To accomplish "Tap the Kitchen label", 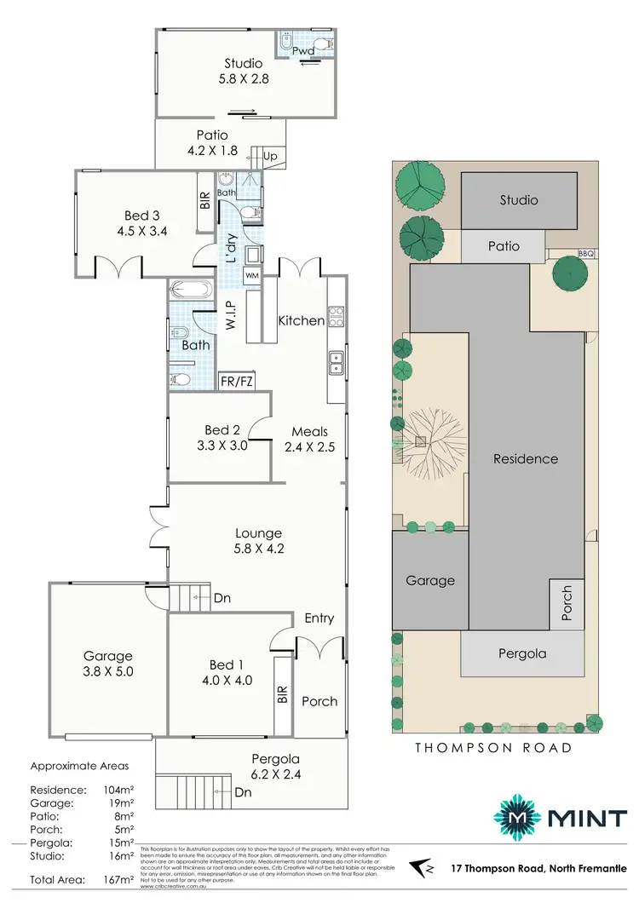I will tap(301, 321).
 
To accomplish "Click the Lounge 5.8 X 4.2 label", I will tap(259, 541).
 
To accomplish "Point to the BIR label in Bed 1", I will tap(281, 696).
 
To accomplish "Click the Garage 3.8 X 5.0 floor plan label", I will tap(107, 664).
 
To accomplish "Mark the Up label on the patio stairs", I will tap(271, 158).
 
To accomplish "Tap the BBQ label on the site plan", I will tap(584, 254).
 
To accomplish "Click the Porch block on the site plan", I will tap(567, 601).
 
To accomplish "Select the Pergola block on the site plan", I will tap(523, 654).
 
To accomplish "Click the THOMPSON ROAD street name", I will tap(492, 748).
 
